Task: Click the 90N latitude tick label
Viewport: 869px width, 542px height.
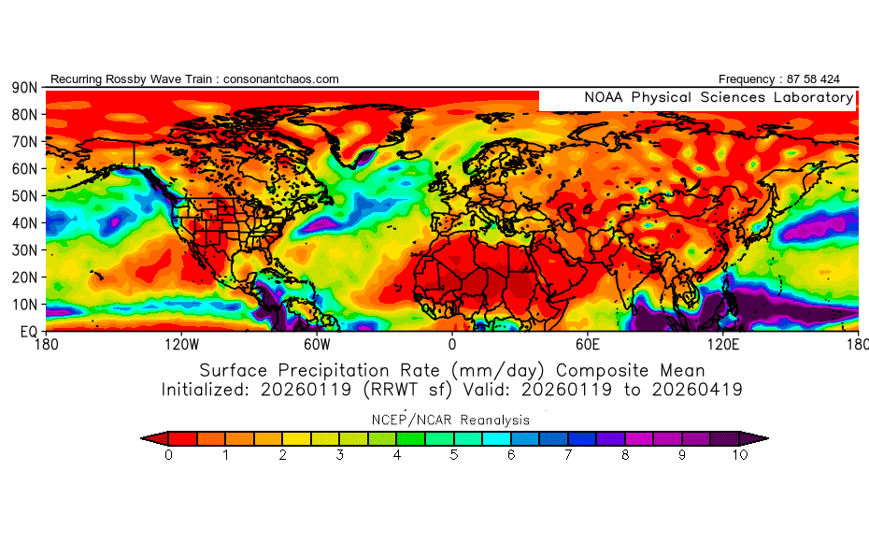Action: pyautogui.click(x=24, y=87)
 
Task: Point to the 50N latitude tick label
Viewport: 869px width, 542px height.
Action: pyautogui.click(x=24, y=195)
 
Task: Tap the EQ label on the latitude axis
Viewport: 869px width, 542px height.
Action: pyautogui.click(x=28, y=331)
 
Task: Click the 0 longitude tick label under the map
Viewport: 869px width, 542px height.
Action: pyautogui.click(x=452, y=345)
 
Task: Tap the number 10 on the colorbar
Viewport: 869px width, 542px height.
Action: pyautogui.click(x=739, y=455)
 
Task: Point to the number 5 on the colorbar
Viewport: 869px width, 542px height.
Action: pyautogui.click(x=454, y=455)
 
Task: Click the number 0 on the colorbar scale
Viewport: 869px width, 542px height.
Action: pyautogui.click(x=168, y=455)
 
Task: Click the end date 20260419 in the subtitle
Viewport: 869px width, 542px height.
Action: pyautogui.click(x=693, y=389)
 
